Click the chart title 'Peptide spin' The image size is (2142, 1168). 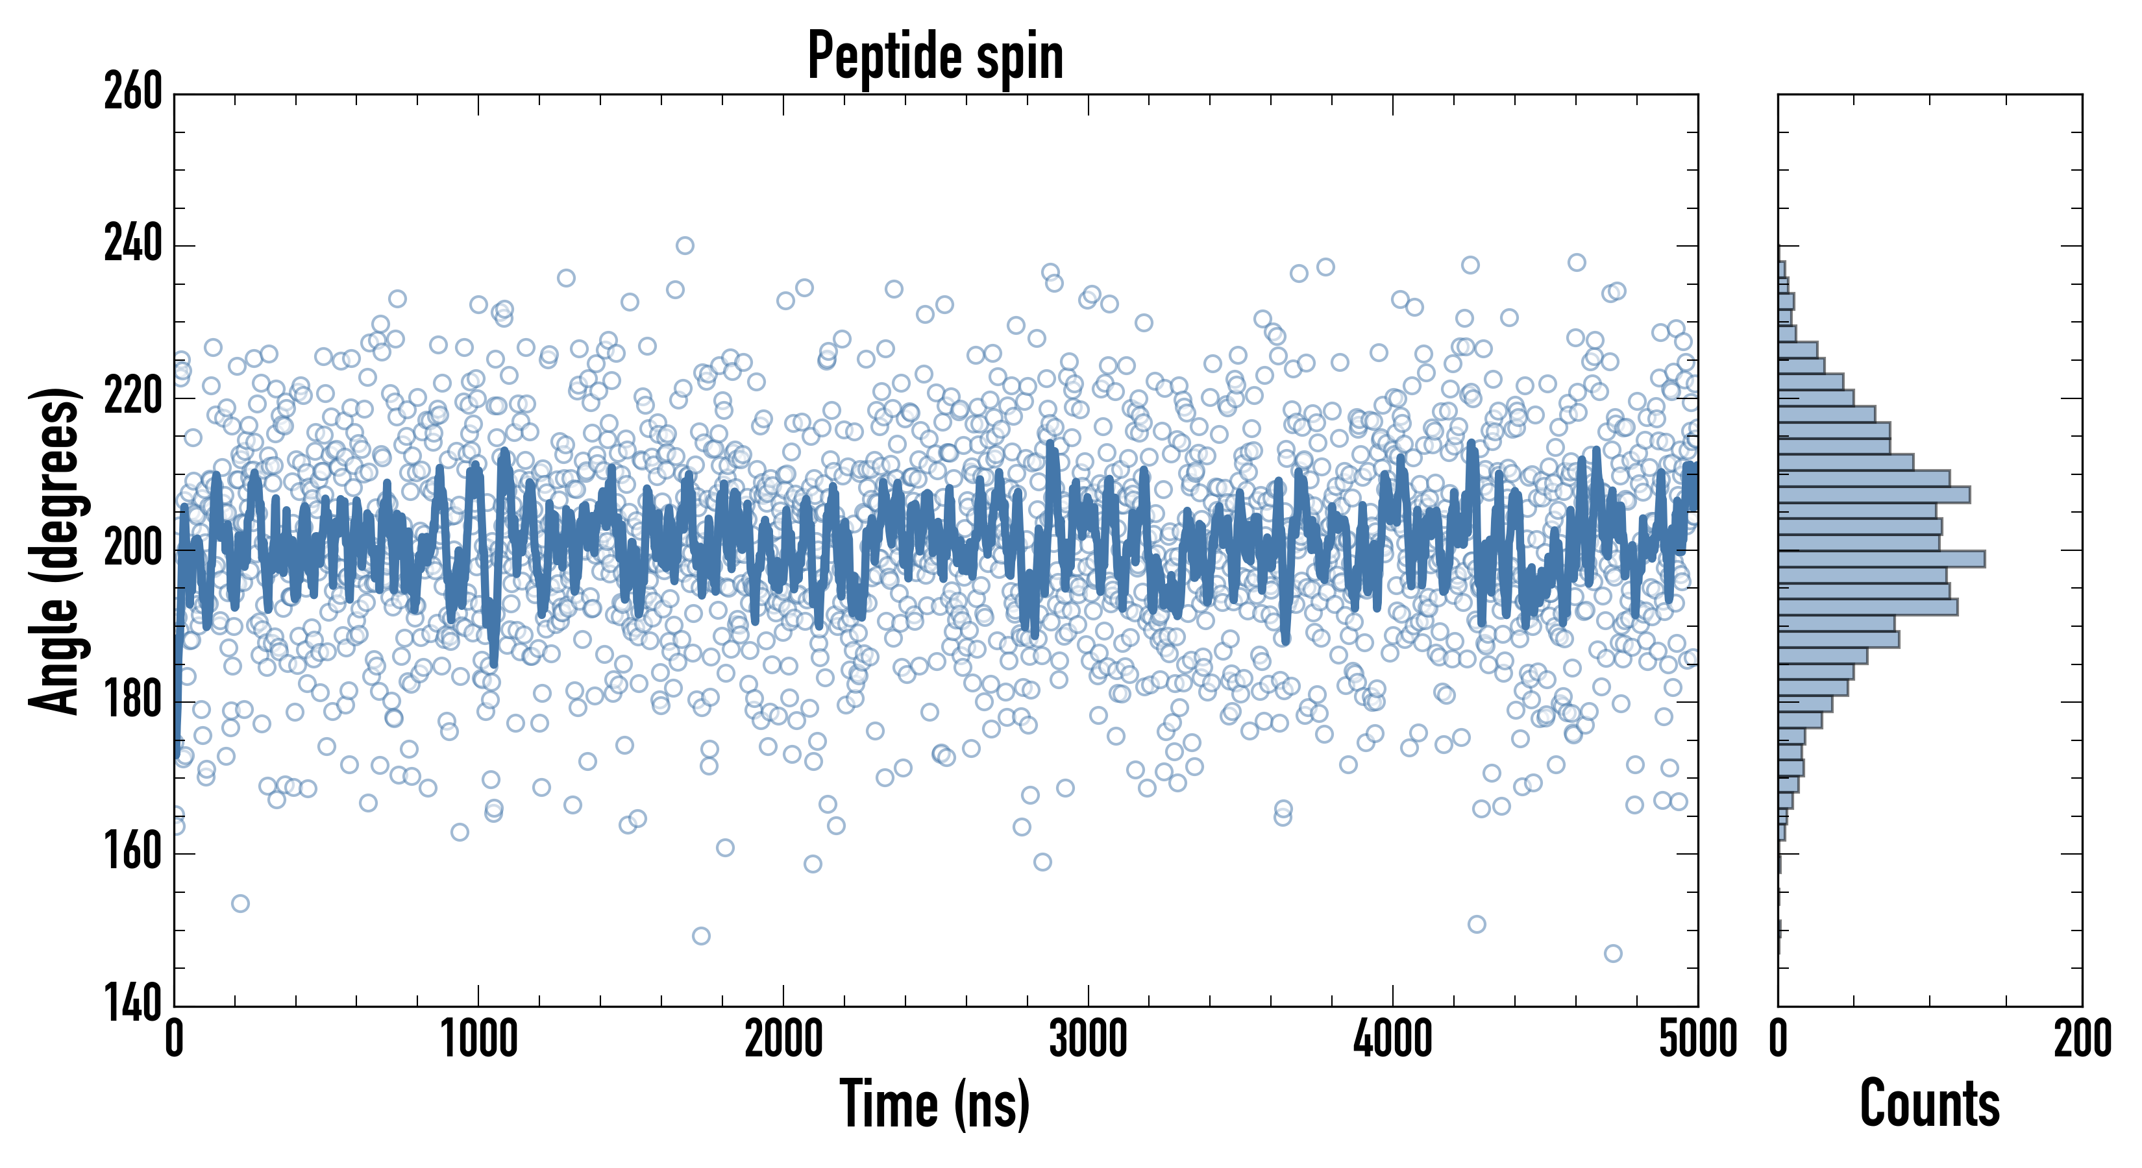(935, 56)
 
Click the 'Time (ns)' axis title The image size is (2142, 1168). (935, 1103)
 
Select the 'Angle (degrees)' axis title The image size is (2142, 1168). (55, 550)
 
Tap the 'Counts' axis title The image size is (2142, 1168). (1929, 1103)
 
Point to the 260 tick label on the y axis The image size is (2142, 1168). (133, 93)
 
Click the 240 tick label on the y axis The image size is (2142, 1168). (133, 245)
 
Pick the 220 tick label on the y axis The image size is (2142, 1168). (133, 397)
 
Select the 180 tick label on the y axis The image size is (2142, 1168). (133, 701)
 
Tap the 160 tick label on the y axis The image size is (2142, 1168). (133, 853)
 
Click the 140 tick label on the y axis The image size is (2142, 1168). (133, 1004)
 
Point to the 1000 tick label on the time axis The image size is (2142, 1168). (479, 1039)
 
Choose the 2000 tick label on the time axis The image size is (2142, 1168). (783, 1039)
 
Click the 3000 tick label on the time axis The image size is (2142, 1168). (1088, 1039)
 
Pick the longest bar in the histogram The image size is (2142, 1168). (1881, 559)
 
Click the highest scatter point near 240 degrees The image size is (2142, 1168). (684, 245)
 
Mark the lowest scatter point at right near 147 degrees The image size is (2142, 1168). (1612, 953)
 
